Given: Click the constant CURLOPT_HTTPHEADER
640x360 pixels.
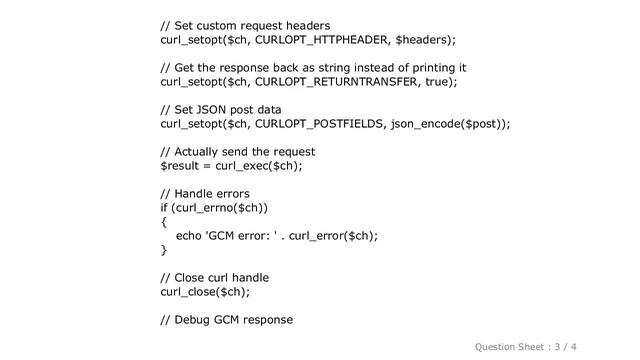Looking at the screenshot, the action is tap(323, 40).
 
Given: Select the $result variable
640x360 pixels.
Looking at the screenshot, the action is tap(181, 166).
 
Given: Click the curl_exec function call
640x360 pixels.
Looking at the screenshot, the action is tap(250, 166).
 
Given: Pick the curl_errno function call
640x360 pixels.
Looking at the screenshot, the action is tap(206, 208).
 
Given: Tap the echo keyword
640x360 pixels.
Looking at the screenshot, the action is tap(189, 236).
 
